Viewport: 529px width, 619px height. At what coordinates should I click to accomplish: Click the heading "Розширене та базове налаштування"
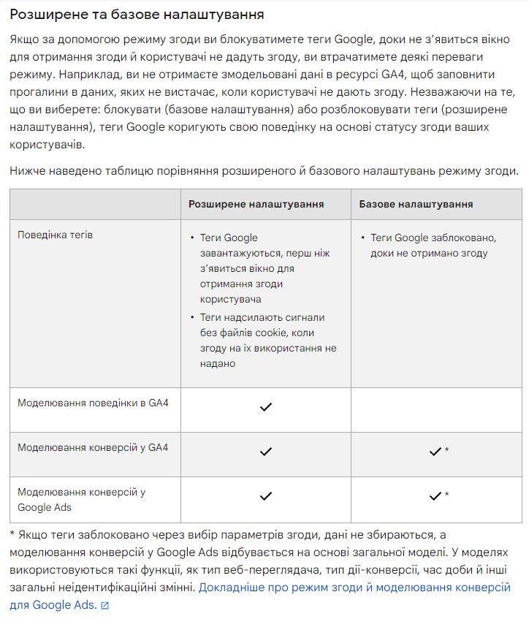(x=137, y=14)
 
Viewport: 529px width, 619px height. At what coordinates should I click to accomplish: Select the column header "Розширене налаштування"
(x=256, y=204)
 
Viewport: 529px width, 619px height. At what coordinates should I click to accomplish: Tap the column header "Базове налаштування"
(x=416, y=204)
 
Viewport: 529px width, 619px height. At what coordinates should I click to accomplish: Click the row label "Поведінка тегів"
(x=55, y=235)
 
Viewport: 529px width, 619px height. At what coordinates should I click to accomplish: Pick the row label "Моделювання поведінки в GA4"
(x=93, y=403)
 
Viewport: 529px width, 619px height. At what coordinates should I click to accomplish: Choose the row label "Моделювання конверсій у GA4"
(x=93, y=447)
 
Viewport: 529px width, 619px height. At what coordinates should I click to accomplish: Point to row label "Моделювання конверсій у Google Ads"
(x=81, y=499)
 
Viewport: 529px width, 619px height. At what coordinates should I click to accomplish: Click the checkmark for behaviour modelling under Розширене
(x=266, y=407)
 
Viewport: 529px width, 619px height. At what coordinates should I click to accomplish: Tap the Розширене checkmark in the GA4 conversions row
(x=266, y=452)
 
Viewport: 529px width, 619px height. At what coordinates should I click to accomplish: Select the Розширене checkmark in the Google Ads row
(x=266, y=496)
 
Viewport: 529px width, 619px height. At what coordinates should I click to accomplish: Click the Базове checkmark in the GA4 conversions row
(x=435, y=452)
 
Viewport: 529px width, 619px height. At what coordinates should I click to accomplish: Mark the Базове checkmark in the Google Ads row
(x=435, y=496)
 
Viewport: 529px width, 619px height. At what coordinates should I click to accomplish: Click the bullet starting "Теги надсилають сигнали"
(x=267, y=341)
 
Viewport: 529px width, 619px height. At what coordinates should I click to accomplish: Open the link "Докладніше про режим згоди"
(x=354, y=587)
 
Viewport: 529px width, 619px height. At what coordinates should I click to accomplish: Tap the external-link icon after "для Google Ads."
(x=104, y=606)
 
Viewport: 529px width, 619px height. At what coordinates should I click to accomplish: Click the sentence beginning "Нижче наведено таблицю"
(x=264, y=171)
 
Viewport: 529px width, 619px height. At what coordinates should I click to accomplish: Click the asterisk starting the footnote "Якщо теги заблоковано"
(x=12, y=535)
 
